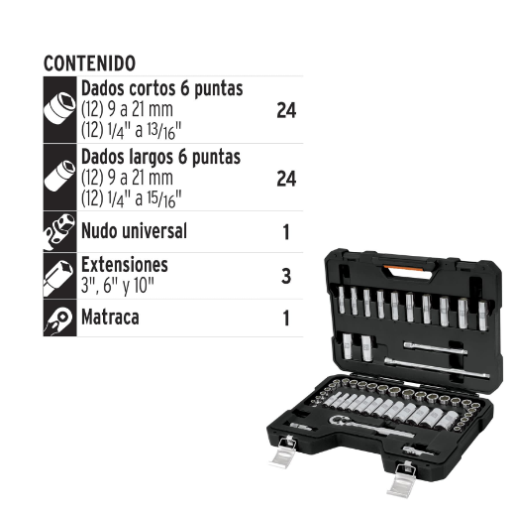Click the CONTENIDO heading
coord(89,63)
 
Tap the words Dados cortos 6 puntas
coord(161,89)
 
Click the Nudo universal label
coord(134,232)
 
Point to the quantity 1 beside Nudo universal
coord(286,232)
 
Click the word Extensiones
coord(125,265)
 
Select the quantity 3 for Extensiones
coord(286,276)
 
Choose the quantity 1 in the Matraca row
coord(286,319)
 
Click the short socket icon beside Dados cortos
coord(60,110)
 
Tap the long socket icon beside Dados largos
coord(60,177)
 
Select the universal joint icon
coord(60,233)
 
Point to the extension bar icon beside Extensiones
coord(60,276)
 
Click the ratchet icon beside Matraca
coord(60,319)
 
